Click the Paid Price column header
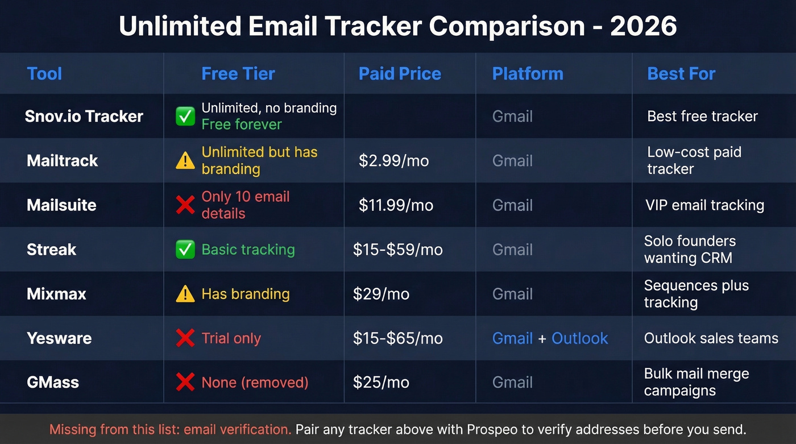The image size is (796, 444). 400,74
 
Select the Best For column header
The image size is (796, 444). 681,74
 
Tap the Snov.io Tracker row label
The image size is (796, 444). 84,117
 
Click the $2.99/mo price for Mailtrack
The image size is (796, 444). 393,161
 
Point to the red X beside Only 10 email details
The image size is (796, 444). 185,205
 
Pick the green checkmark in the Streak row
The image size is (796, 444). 185,250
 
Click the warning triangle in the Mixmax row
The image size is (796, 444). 185,294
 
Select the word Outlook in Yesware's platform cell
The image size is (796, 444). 579,338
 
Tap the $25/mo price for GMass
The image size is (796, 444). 381,383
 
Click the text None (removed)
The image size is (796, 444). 255,383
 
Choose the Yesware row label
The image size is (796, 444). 59,338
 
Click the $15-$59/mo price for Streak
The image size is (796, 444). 397,250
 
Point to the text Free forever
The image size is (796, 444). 242,125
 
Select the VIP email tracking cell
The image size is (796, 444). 704,205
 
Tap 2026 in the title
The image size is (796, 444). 644,27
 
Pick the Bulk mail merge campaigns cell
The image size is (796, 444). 696,383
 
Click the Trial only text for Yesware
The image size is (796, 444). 231,338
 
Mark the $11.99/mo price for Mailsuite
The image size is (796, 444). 396,205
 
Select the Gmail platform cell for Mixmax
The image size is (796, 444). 512,294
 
